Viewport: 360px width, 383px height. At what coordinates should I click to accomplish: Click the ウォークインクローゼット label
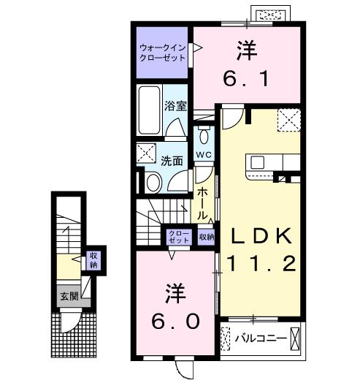(162, 52)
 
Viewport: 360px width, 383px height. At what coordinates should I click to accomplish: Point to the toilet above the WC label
(204, 137)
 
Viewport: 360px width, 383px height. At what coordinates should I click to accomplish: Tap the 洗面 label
(172, 160)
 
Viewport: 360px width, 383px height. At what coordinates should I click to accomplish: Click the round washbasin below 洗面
(154, 182)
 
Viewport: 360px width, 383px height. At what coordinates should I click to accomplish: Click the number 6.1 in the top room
(247, 75)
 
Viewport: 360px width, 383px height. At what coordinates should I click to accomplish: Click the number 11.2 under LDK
(261, 264)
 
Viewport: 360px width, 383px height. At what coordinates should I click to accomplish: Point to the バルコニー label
(260, 338)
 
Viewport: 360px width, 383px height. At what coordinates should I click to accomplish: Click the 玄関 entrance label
(69, 297)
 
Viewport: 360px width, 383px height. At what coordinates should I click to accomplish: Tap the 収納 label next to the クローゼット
(207, 236)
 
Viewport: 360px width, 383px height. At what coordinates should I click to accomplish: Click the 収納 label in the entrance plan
(93, 259)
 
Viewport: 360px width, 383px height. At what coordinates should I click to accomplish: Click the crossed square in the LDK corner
(289, 119)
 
